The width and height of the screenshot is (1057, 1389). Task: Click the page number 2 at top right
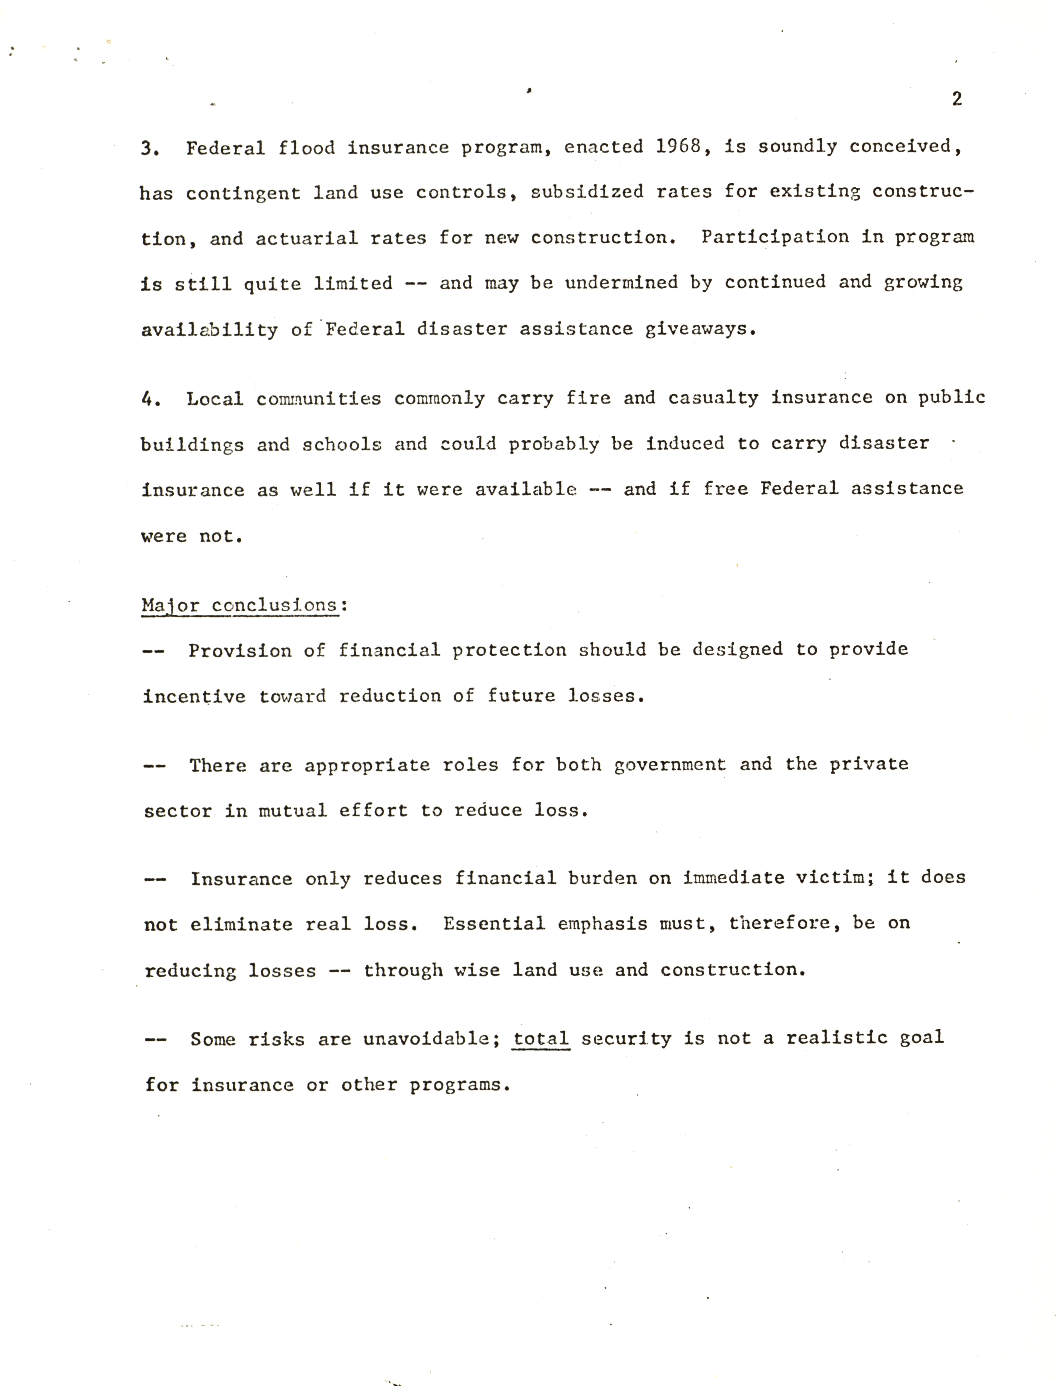[x=956, y=99]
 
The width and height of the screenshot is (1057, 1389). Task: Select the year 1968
[x=678, y=147]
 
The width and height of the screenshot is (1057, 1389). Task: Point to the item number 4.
[x=151, y=399]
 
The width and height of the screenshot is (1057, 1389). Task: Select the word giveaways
[x=700, y=329]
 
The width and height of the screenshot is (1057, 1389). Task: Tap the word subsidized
[x=586, y=192]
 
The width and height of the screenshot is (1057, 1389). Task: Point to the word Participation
[x=774, y=237]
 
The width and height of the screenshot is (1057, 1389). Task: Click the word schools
[x=342, y=444]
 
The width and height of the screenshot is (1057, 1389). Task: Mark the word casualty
[x=713, y=397]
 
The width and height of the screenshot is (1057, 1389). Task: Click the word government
[x=670, y=764]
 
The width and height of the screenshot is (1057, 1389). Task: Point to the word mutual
[x=293, y=810]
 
